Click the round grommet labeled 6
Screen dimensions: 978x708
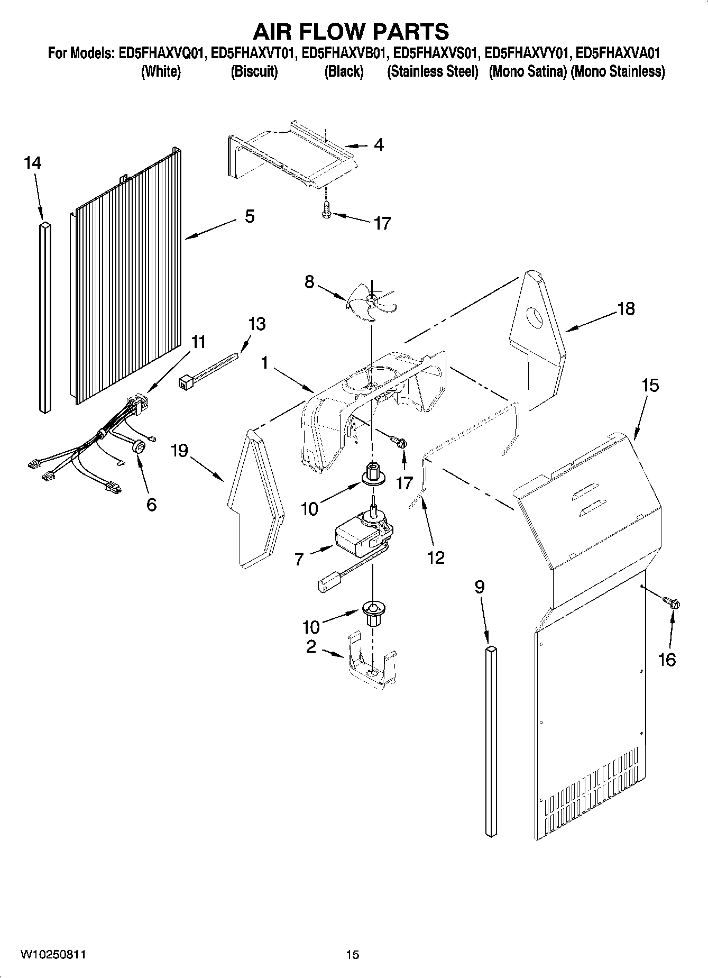click(x=140, y=447)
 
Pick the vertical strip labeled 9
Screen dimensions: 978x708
click(x=491, y=741)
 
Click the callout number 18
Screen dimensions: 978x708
click(x=626, y=308)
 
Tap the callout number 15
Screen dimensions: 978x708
click(x=650, y=386)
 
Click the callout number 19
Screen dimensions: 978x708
click(x=180, y=451)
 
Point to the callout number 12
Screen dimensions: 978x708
click(x=436, y=557)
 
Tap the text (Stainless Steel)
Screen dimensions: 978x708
click(x=433, y=71)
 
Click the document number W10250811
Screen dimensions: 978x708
click(x=53, y=955)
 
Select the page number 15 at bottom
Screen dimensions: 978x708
click(x=352, y=955)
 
